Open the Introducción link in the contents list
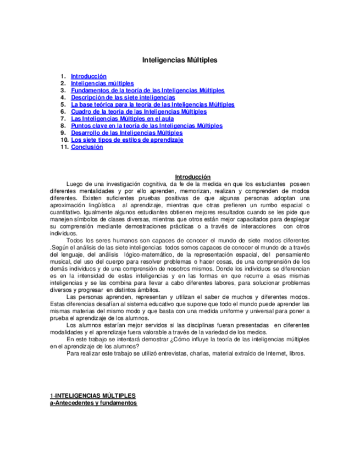[x=88, y=76]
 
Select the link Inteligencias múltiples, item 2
[x=102, y=84]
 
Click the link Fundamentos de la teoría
[x=147, y=90]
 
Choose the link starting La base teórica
[x=153, y=104]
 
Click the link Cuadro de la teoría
[x=139, y=112]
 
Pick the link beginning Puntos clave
[x=147, y=126]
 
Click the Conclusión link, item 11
[x=87, y=147]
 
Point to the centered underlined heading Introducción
[x=189, y=177]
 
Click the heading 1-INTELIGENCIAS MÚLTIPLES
[x=93, y=396]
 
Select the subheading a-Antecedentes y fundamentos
[x=93, y=403]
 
